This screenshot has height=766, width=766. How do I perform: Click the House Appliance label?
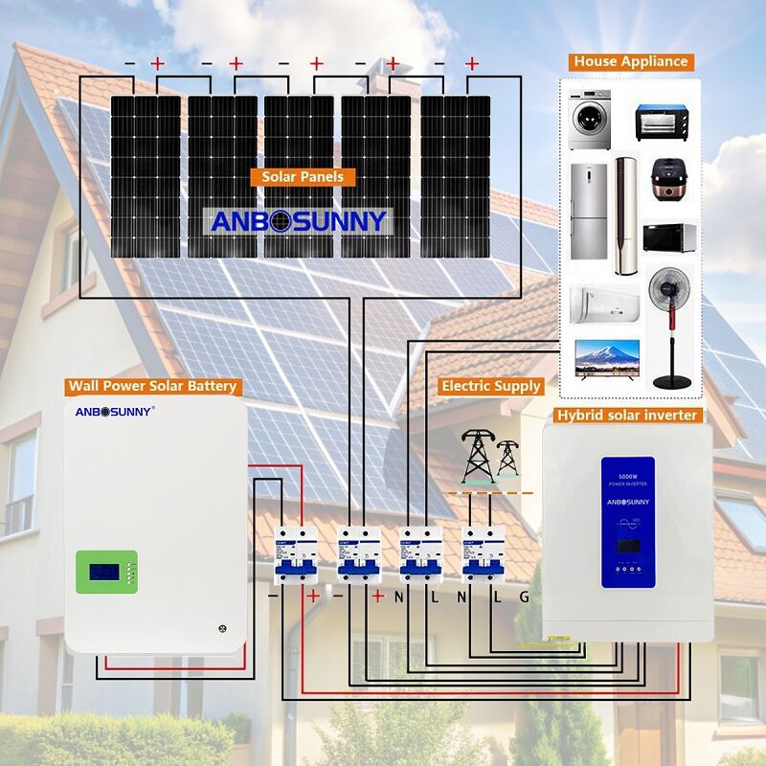[631, 61]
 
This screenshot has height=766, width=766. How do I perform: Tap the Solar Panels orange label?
[302, 177]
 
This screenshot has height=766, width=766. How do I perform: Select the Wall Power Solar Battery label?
[151, 387]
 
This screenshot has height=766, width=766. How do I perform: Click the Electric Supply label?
[491, 386]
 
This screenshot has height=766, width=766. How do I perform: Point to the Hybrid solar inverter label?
[627, 415]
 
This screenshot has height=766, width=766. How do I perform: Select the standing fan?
[670, 326]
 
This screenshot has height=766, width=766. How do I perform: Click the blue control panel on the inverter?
[627, 521]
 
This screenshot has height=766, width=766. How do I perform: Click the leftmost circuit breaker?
[295, 554]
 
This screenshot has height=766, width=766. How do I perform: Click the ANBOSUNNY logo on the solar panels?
[299, 221]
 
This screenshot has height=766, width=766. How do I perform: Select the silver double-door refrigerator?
[588, 212]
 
